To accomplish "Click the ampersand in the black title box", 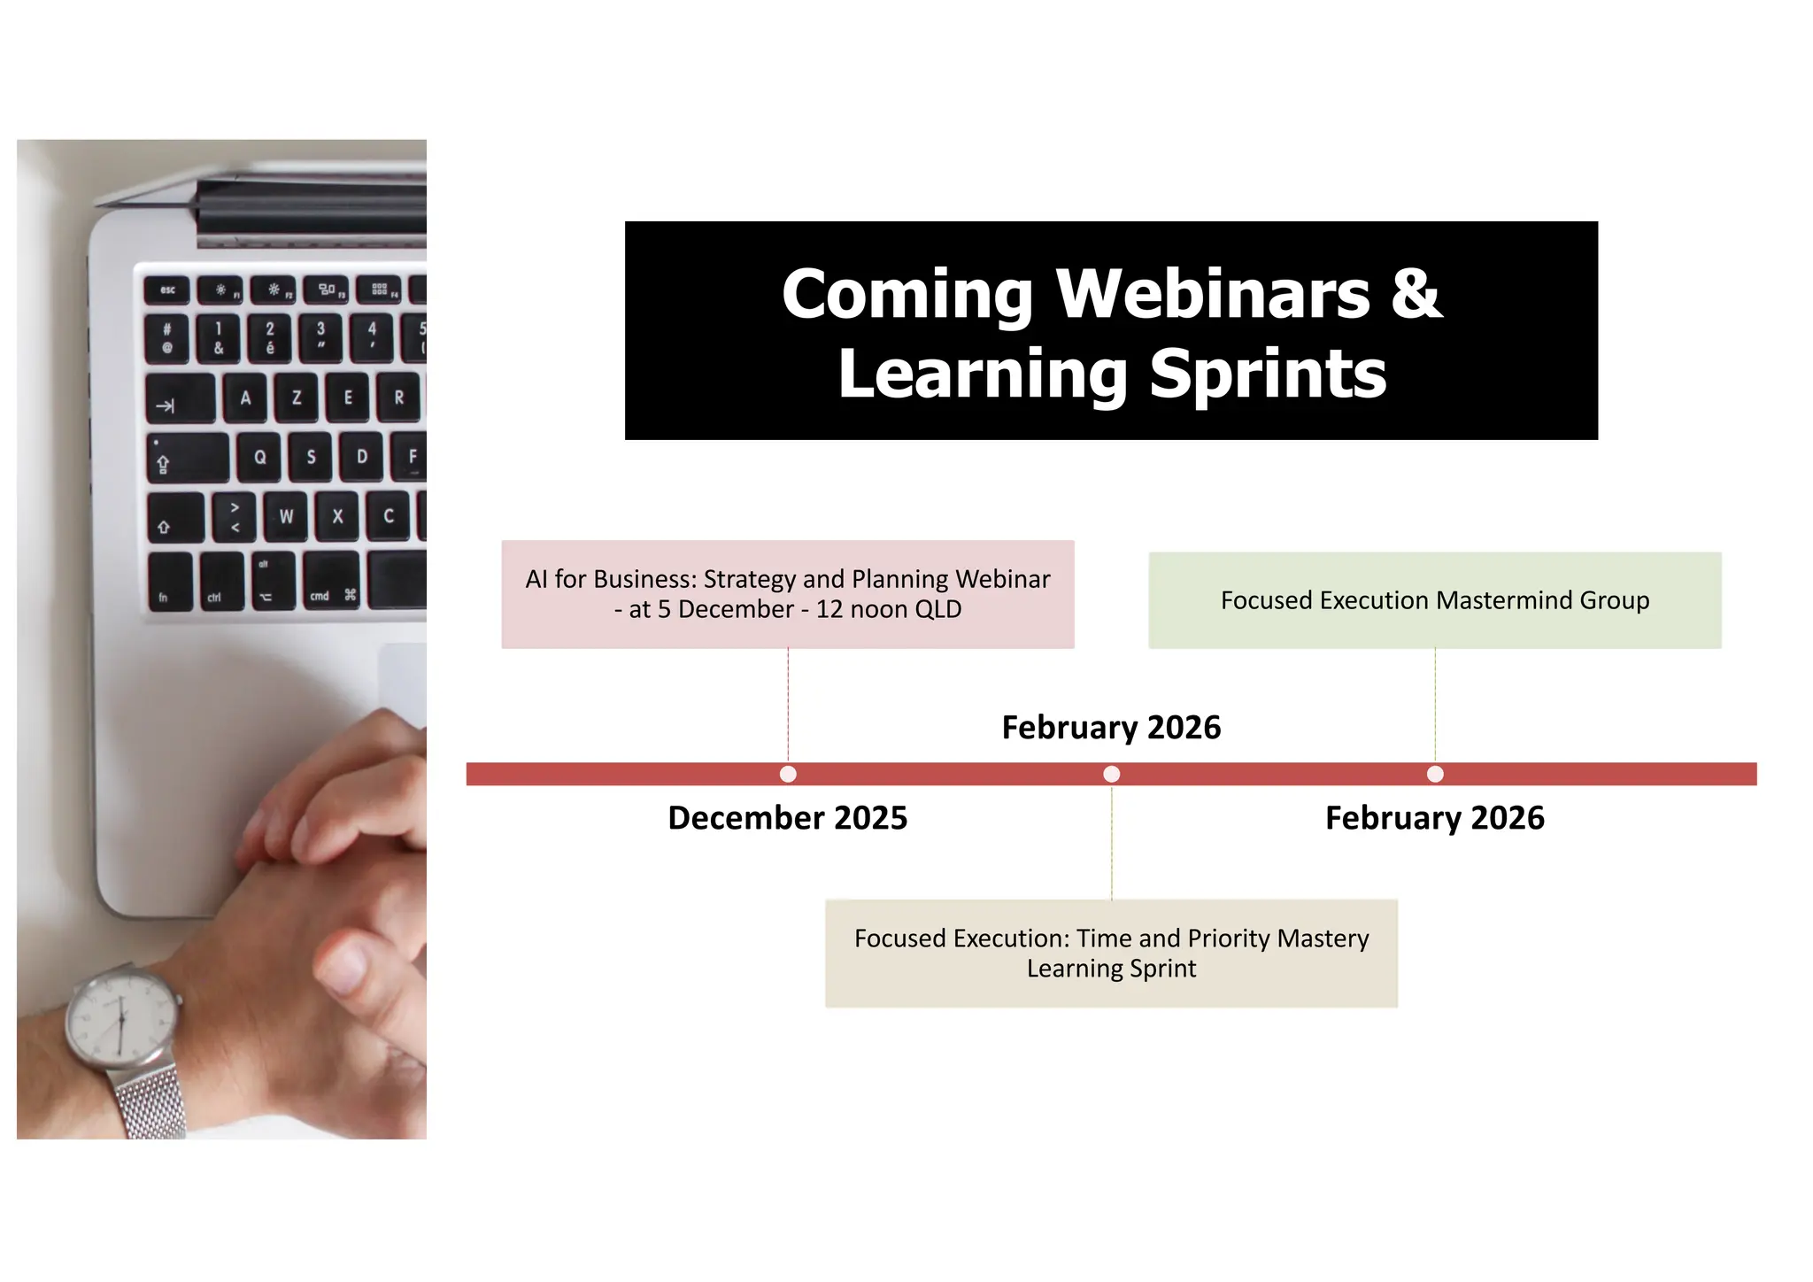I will click(1416, 294).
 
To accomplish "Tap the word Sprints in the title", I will click(1268, 375).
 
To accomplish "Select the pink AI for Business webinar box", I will click(787, 594).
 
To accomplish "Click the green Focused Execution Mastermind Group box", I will click(1434, 600).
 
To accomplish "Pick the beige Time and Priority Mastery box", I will click(1111, 953).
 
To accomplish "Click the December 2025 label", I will click(787, 817).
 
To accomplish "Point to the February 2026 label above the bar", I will click(1111, 727).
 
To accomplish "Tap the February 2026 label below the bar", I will click(1434, 817).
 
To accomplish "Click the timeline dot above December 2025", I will click(788, 774).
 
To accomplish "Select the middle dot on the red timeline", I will click(1112, 774).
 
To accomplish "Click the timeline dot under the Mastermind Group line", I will click(1435, 774).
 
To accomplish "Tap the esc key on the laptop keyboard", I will click(167, 290).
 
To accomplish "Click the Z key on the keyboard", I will click(297, 398).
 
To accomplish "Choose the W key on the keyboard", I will click(286, 516).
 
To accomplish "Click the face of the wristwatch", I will click(120, 1018).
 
